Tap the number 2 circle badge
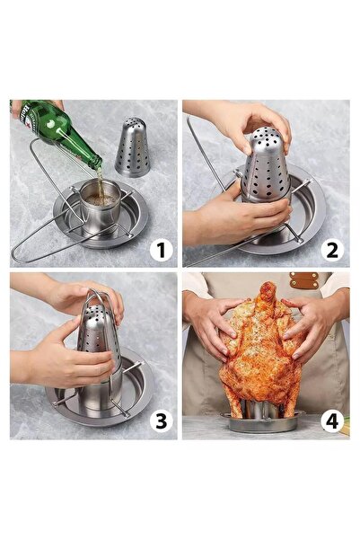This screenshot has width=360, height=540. coord(332,249)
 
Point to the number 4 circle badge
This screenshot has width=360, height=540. coord(332,420)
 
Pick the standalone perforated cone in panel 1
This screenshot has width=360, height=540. coord(132,147)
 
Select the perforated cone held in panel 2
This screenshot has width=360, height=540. coord(267,171)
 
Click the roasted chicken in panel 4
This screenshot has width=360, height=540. coord(258,359)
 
